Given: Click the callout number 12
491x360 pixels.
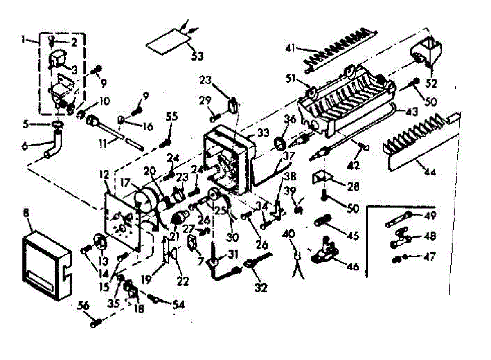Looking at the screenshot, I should click(104, 175).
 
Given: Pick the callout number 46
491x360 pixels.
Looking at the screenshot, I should click(352, 267).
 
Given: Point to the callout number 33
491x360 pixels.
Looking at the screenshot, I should click(263, 133).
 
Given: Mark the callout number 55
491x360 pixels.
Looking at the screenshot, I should click(172, 117).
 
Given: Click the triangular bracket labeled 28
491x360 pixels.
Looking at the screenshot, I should click(321, 176).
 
